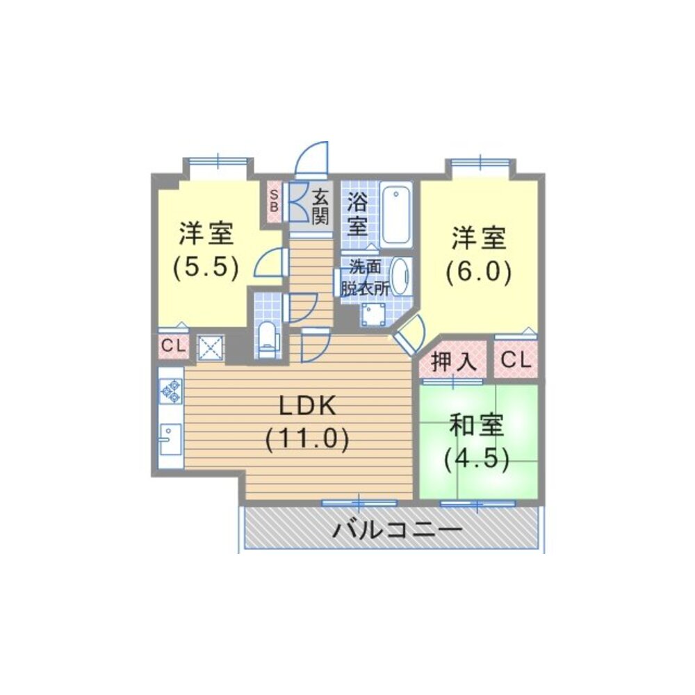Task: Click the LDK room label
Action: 308,405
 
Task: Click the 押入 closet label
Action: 452,361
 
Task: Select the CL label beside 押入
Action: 516,360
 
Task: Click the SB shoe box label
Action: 274,200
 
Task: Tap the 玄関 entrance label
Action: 320,206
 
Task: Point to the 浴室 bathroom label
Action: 357,213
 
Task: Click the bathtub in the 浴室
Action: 396,213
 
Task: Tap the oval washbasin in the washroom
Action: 400,276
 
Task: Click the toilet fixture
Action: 268,340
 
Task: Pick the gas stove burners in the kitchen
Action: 170,391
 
